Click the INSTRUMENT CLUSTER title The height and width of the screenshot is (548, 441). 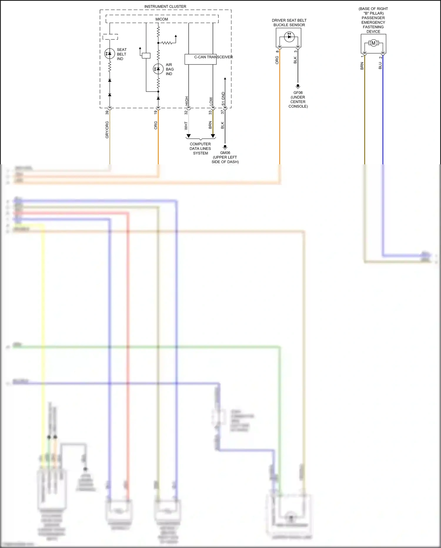(x=165, y=6)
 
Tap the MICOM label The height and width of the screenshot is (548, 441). (x=162, y=19)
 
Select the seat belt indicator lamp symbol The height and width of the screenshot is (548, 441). (x=110, y=54)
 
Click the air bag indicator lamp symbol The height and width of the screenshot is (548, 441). (x=158, y=69)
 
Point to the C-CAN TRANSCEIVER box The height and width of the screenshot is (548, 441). (x=201, y=59)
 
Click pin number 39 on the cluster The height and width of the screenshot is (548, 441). (x=107, y=112)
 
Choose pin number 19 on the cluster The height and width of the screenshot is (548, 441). (x=156, y=112)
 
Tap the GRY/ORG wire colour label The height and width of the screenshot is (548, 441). (x=107, y=130)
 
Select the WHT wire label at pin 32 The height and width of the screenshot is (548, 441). (x=186, y=126)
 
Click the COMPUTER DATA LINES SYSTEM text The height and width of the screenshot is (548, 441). (x=200, y=148)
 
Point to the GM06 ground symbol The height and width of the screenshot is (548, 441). (x=225, y=147)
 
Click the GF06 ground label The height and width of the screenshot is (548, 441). (x=298, y=93)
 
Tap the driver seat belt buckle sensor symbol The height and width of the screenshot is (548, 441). (x=289, y=37)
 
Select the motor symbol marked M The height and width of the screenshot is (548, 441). (x=373, y=43)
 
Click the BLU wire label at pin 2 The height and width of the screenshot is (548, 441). (x=380, y=65)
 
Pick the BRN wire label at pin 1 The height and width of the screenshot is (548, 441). (x=362, y=66)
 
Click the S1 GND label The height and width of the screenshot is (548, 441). (x=223, y=99)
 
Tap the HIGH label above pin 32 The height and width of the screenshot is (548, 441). (x=187, y=101)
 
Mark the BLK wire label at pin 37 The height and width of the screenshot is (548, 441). (x=223, y=125)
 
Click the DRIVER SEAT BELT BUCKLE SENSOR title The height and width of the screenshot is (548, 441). (x=289, y=23)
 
